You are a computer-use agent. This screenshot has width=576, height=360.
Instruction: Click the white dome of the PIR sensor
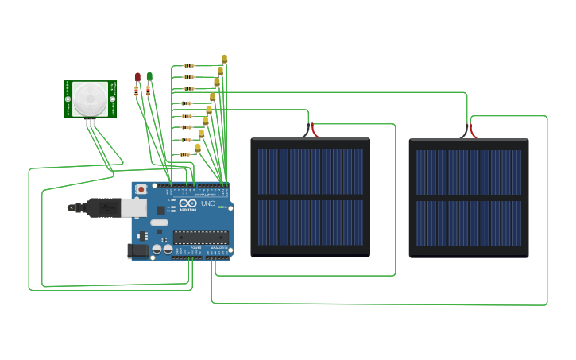tap(90, 98)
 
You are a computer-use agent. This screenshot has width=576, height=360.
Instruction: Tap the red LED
tap(137, 77)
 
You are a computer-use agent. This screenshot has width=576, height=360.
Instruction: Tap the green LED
tap(149, 76)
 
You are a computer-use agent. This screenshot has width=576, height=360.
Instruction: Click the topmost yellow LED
tap(225, 58)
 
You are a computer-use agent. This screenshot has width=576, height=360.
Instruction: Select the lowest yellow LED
tap(198, 148)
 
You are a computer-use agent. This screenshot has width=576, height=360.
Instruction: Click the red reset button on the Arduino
tap(141, 190)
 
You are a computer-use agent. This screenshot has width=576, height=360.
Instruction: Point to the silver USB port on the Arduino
tap(133, 208)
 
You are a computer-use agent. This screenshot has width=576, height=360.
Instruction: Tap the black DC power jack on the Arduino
tap(139, 250)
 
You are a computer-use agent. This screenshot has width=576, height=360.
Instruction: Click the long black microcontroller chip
tap(200, 235)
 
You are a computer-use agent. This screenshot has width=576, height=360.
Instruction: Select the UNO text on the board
tap(207, 203)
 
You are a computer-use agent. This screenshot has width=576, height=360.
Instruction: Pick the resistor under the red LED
tap(137, 91)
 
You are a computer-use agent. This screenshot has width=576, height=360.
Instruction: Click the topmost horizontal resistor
tap(189, 65)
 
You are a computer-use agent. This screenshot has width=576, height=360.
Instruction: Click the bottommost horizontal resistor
tap(186, 153)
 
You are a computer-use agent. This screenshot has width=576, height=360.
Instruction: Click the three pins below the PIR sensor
tap(91, 122)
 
